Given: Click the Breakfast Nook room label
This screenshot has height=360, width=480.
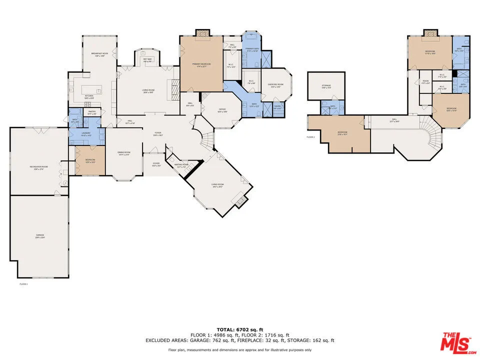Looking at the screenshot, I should [100, 54].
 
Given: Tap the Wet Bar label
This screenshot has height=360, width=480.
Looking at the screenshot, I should [147, 59].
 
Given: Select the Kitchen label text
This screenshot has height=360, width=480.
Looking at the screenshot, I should [89, 96].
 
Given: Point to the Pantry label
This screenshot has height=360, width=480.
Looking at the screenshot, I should [92, 112].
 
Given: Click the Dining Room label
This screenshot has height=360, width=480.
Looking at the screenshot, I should [123, 153].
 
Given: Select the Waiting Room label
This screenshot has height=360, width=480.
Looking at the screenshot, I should [181, 165].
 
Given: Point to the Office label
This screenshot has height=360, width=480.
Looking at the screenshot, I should [222, 110].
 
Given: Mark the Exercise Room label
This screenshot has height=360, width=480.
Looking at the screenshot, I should [276, 85].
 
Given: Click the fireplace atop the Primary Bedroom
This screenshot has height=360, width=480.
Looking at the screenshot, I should [202, 32].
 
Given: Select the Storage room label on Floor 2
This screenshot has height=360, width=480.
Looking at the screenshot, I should [326, 86].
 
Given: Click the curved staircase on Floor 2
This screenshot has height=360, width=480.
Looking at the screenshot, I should [431, 133].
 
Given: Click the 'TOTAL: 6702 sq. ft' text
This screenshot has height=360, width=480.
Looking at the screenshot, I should [239, 329].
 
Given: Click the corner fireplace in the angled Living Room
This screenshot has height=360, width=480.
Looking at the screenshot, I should [241, 201].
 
